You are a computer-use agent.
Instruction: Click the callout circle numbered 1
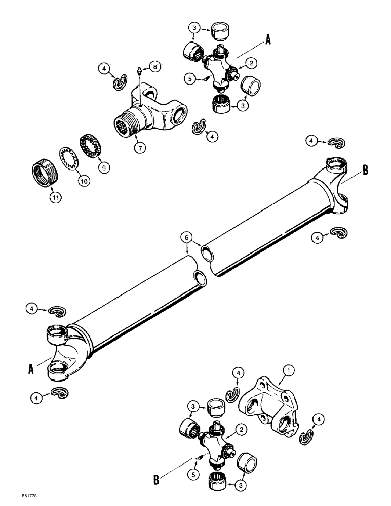(289, 372)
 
